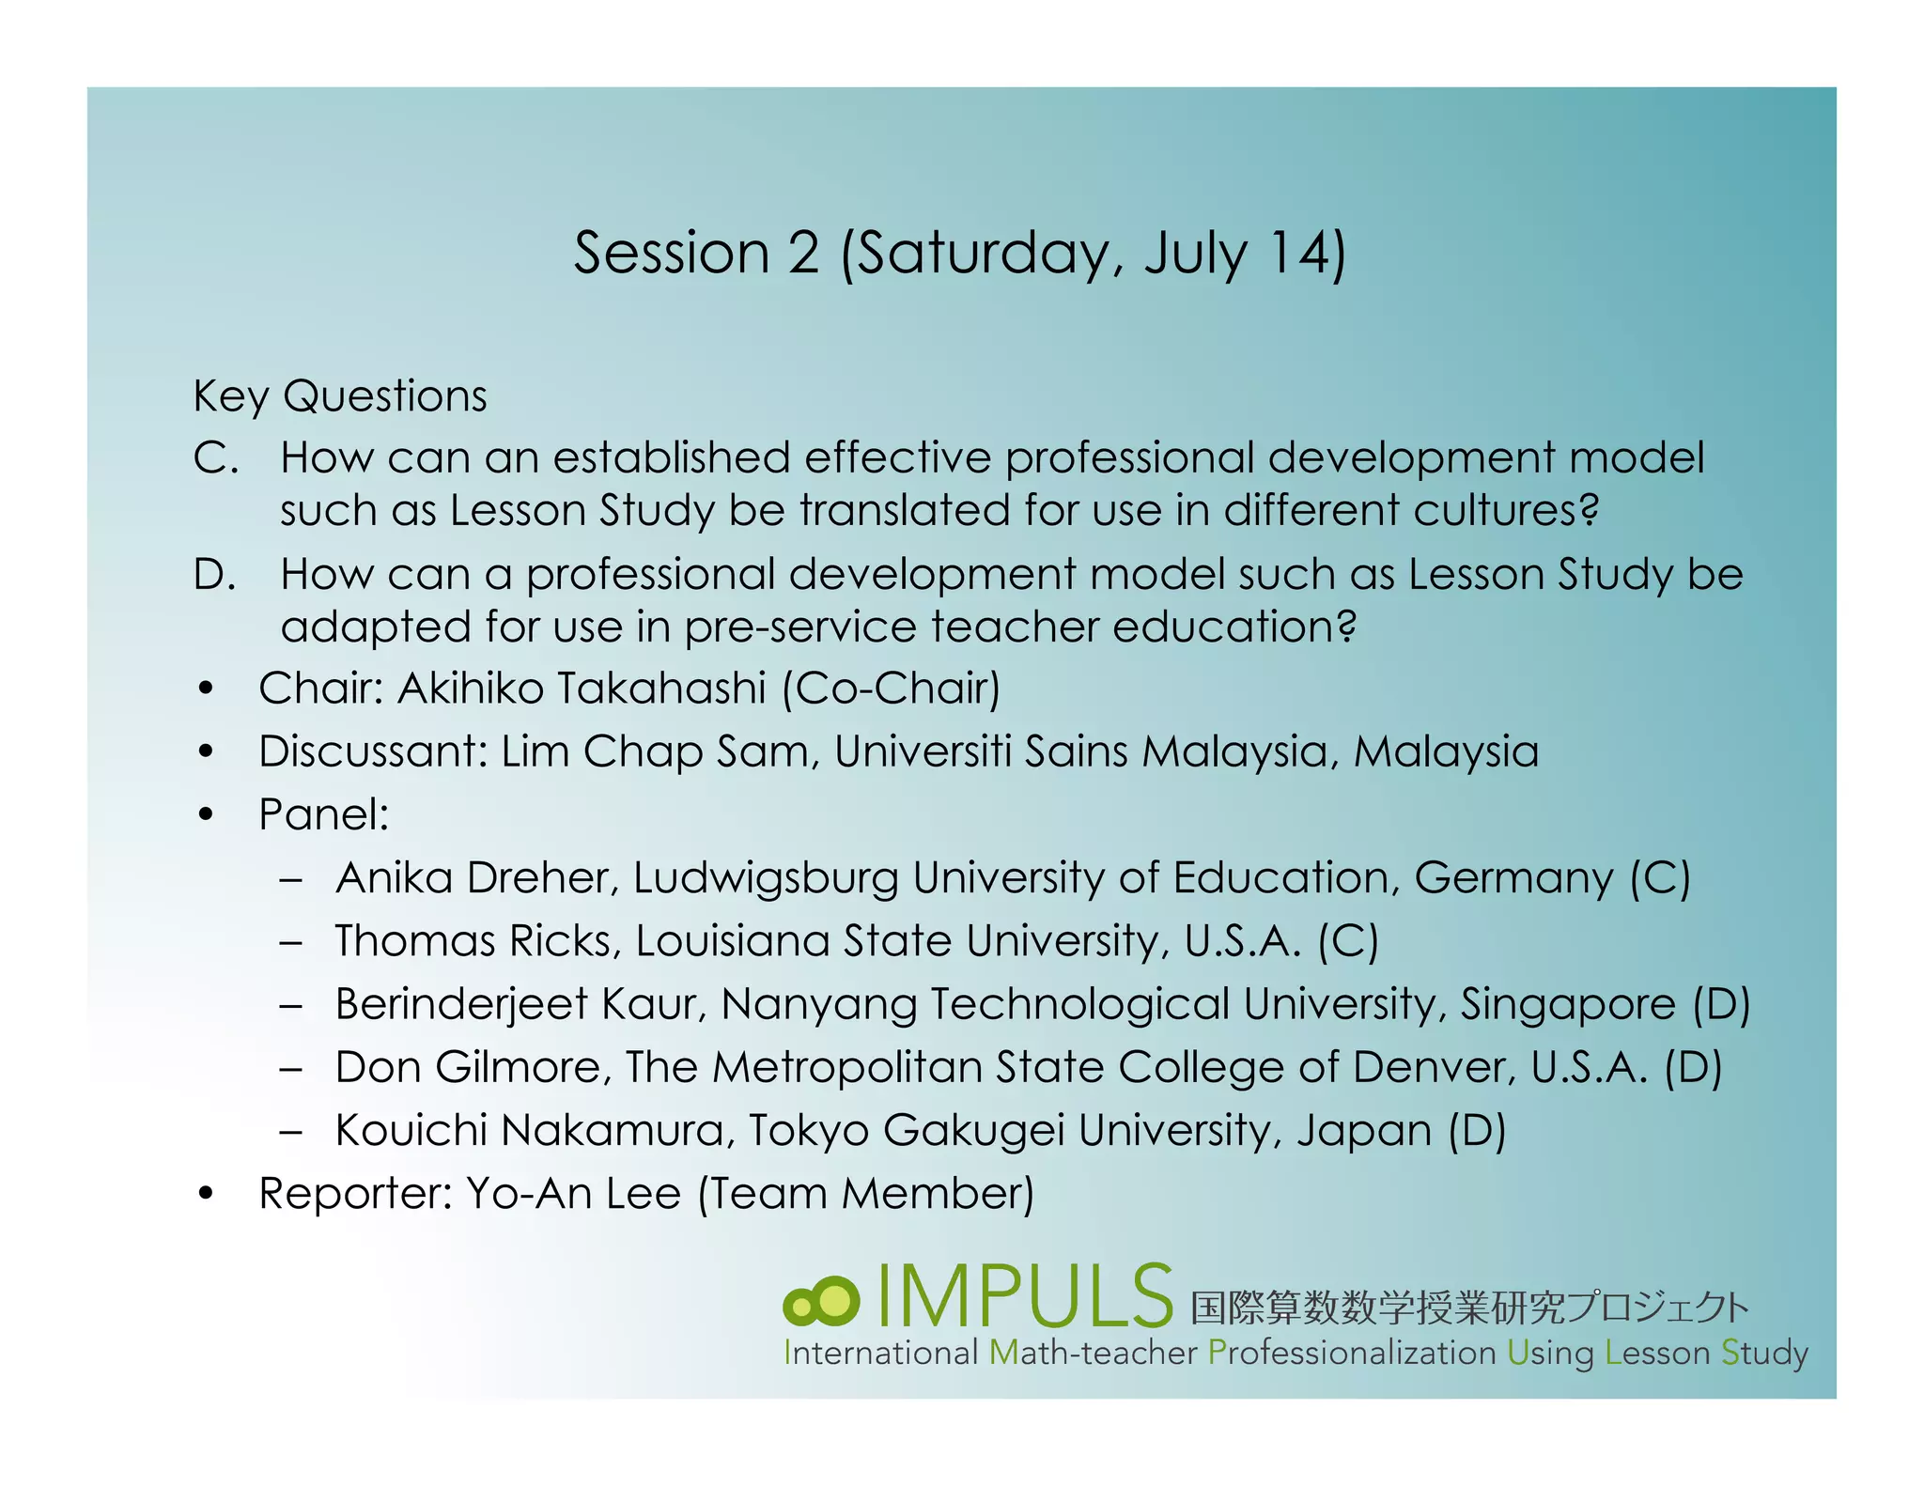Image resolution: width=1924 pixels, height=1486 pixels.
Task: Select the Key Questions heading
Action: pos(340,395)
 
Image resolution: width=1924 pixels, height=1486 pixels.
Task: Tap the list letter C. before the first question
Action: pos(215,458)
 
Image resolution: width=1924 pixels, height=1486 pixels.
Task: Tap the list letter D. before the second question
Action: pos(215,574)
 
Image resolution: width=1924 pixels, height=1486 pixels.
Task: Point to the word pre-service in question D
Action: pos(799,627)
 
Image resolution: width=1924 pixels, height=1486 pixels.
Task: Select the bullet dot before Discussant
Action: pos(207,751)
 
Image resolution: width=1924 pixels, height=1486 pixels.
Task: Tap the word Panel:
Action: pos(324,814)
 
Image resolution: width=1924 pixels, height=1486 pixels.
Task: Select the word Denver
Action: pos(1433,1067)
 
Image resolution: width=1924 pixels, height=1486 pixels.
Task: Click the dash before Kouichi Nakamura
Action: pos(291,1131)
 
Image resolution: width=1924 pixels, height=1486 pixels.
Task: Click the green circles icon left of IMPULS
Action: pos(821,1301)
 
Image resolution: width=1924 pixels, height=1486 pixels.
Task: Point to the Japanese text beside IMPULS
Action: pos(1468,1307)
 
